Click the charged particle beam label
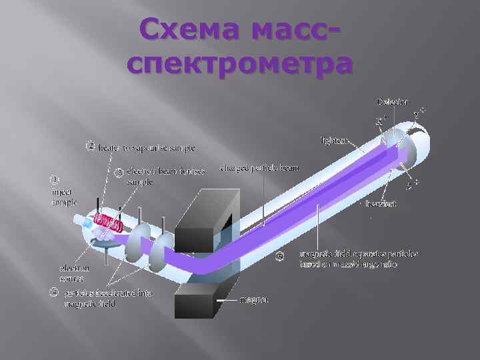pyautogui.click(x=260, y=168)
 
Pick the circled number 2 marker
pyautogui.click(x=91, y=146)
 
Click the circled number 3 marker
pyautogui.click(x=118, y=173)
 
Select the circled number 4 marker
pyautogui.click(x=53, y=291)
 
